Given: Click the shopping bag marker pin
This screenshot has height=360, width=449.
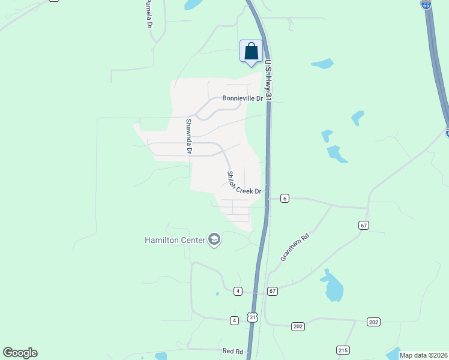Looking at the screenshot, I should (x=250, y=52).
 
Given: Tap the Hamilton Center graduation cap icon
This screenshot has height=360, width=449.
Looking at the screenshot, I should (x=214, y=240).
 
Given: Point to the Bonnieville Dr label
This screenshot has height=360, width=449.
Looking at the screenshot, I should (x=243, y=98).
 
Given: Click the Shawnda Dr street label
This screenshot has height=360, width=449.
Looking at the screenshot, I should (x=188, y=137).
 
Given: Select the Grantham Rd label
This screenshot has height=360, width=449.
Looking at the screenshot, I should (x=294, y=247).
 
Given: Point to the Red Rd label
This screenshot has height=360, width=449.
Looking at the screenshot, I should (x=232, y=350).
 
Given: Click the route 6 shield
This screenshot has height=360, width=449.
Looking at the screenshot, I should (x=285, y=198).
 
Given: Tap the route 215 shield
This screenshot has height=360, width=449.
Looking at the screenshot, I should (x=343, y=350).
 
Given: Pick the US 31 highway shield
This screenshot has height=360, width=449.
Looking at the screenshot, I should (x=253, y=317).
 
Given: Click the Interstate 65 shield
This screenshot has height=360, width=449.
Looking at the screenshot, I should (x=426, y=5).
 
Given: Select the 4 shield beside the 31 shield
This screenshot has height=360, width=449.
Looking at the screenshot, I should (x=234, y=320).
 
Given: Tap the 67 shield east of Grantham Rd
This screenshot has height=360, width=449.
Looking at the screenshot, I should (x=364, y=225).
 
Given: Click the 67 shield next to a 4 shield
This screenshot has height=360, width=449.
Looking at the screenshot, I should (x=273, y=291).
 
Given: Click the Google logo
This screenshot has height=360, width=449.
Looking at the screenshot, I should (x=20, y=353).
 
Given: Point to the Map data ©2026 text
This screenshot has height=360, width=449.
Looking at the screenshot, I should (x=424, y=355).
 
